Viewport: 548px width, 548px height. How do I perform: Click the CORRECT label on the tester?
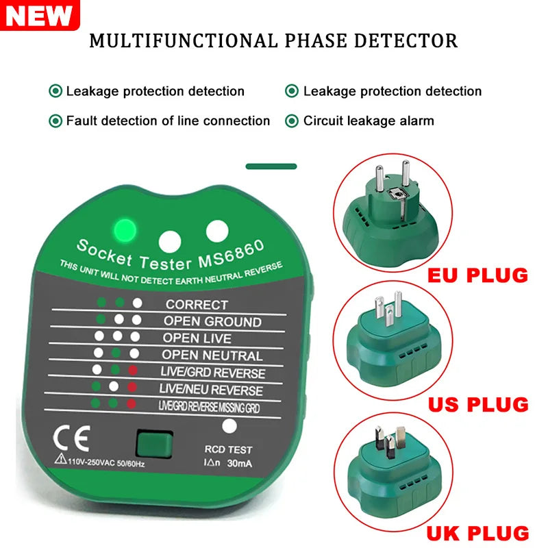(197, 304)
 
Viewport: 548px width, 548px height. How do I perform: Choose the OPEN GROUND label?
(212, 321)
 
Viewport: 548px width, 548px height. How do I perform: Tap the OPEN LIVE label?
(197, 338)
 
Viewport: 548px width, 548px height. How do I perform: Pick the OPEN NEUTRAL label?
(212, 356)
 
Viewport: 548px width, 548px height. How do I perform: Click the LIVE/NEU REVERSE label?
(211, 390)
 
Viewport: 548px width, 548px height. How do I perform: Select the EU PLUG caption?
(477, 275)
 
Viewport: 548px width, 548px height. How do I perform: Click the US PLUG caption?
(477, 403)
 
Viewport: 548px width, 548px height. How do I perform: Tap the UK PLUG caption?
(477, 532)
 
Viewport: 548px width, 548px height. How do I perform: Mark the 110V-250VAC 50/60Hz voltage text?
(105, 462)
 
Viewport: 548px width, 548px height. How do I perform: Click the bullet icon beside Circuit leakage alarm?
(292, 121)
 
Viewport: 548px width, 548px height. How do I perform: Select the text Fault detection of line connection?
(168, 121)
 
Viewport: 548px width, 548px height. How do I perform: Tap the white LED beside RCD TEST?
(230, 426)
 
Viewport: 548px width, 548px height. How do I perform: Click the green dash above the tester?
(271, 166)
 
